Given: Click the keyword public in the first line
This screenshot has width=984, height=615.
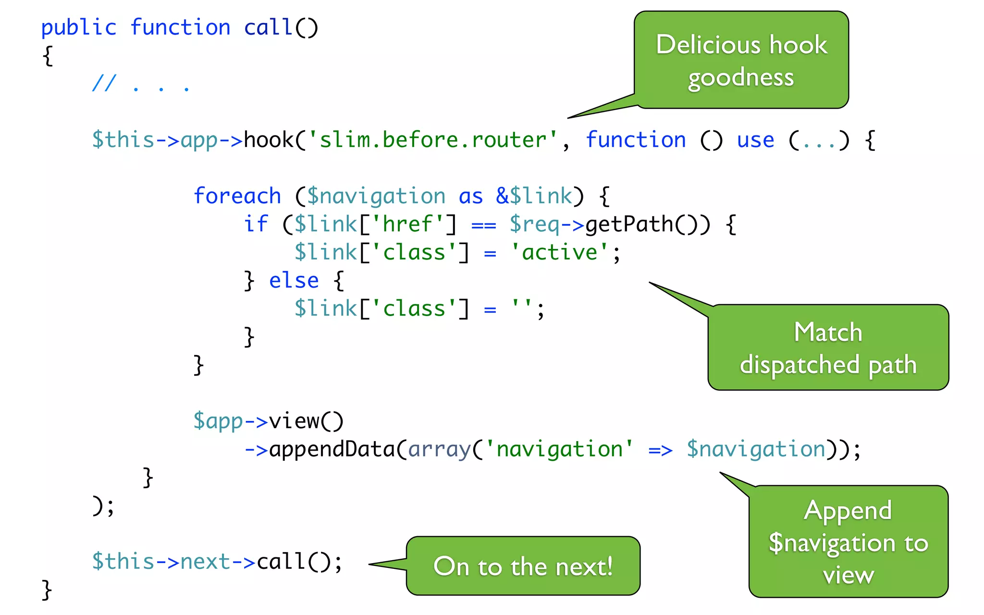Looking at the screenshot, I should (79, 28).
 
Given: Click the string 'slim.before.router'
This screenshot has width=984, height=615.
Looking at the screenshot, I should (432, 140).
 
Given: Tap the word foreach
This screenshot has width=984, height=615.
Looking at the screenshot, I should (237, 197).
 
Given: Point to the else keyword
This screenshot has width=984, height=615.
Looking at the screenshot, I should (294, 281).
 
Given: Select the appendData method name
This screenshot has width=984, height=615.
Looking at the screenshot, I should (332, 449).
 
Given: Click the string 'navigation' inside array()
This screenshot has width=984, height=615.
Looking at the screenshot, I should (559, 450).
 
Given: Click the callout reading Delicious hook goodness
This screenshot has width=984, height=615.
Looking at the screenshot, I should (741, 60).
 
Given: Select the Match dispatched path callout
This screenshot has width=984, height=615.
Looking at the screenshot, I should (828, 348).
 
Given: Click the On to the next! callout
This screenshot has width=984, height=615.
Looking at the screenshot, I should (523, 566).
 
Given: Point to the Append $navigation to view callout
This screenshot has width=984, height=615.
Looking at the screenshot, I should (848, 542).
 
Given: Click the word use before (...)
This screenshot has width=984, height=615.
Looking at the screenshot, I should (755, 140).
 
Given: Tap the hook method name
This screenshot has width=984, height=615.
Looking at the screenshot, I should (269, 140).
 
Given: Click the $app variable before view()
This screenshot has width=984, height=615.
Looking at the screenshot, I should (218, 421).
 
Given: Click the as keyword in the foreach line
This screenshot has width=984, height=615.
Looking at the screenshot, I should (470, 197).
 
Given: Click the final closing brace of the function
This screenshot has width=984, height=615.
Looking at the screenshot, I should (47, 590).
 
